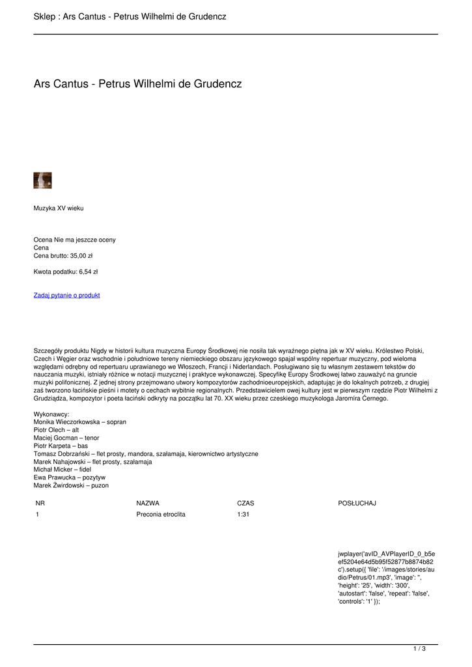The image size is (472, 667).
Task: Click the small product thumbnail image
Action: point(42,180)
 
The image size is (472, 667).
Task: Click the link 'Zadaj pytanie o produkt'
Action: point(66,295)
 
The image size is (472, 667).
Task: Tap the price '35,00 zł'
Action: point(81,256)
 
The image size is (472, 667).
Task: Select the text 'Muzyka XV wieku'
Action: point(59,208)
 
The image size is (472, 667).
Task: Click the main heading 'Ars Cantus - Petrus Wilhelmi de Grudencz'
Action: point(137,84)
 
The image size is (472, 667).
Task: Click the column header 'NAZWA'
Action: point(148,504)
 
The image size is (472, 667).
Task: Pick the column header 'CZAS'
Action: point(245,504)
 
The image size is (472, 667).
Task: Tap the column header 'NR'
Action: point(40,504)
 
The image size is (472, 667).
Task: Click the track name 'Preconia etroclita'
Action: point(161,515)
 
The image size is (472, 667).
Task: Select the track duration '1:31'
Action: point(243,515)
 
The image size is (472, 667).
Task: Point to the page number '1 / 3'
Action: point(419,649)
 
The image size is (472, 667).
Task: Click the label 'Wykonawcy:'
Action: point(51,414)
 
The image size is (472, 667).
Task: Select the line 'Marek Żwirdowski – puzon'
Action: point(71,485)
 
